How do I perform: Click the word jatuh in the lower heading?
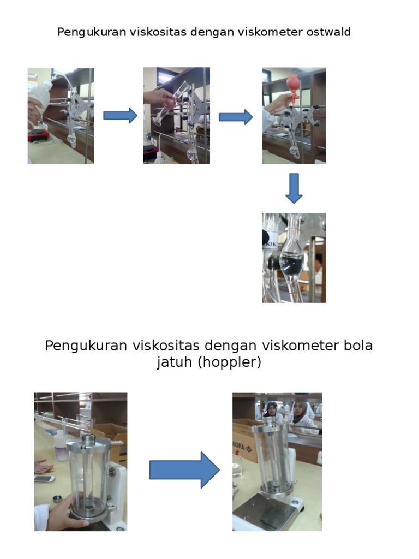175,362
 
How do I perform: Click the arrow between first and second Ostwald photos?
120,116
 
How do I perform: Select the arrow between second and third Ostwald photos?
236,117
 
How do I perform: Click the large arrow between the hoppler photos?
184,469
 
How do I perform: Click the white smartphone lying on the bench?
44,479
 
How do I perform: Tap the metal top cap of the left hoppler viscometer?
88,441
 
